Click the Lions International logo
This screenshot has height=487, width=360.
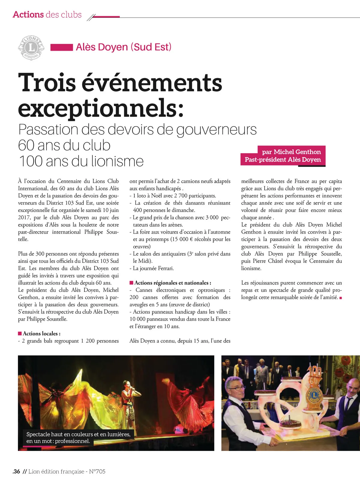pos(31,48)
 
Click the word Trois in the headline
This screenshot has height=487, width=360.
pos(47,83)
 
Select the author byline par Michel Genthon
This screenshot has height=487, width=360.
pos(291,152)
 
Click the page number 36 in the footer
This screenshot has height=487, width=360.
pos(16,471)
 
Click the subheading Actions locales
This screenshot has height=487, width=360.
pos(41,334)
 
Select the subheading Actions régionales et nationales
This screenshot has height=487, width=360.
pos(172,283)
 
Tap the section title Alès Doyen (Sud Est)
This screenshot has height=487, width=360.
pos(124,47)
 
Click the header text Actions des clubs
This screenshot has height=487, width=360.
pos(47,14)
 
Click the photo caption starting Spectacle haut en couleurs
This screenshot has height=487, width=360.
pos(78,437)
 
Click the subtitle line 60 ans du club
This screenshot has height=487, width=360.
pos(64,145)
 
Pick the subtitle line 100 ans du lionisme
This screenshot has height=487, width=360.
pos(81,161)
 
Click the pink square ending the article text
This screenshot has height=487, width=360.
pos(340,298)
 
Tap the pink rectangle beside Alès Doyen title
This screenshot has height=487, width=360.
pos(61,47)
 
